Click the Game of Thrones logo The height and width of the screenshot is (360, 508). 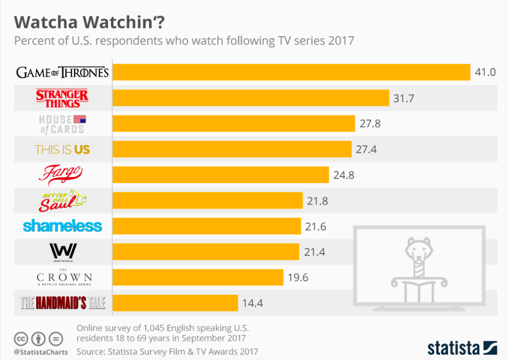(63, 72)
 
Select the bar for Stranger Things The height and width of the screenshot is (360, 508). (250, 98)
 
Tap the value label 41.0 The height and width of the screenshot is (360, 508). (485, 72)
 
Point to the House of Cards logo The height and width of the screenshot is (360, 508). (62, 124)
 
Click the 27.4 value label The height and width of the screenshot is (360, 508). (366, 149)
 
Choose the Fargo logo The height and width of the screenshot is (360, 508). (60, 174)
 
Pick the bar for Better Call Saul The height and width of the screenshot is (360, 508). (207, 200)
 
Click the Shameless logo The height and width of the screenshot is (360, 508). (62, 226)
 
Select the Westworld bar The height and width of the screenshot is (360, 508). (205, 252)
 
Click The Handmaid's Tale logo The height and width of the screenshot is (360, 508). (63, 303)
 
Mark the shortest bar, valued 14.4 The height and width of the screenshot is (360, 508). (175, 303)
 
